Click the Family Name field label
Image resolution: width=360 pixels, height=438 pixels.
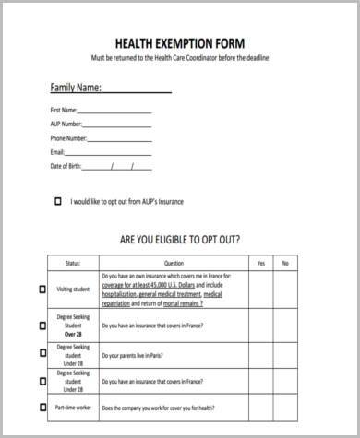75,89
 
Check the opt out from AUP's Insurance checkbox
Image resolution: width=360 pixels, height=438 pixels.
59,200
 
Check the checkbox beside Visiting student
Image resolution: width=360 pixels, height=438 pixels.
42,290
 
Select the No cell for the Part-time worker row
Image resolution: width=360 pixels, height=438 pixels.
285,408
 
